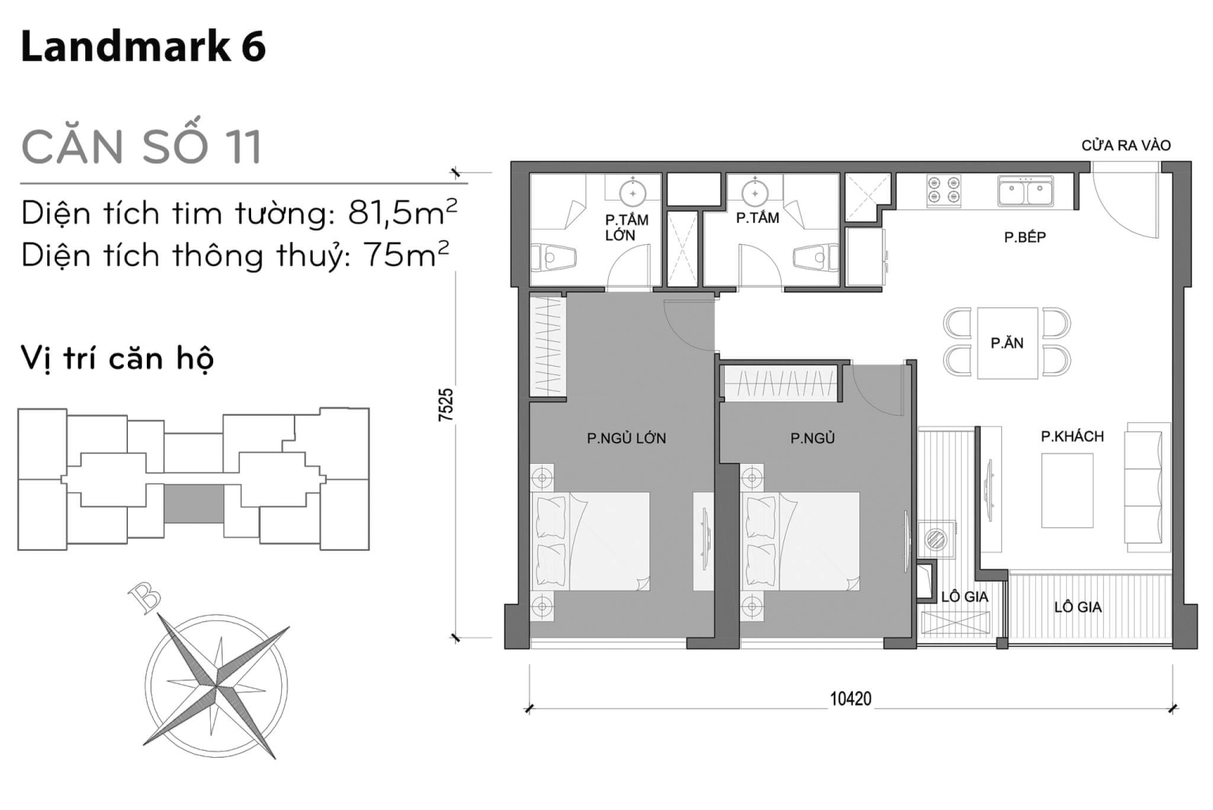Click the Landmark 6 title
click(143, 47)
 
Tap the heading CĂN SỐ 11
click(141, 147)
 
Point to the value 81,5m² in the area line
click(402, 213)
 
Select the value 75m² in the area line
click(405, 254)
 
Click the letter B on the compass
click(145, 597)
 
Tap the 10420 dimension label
click(851, 699)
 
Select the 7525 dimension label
click(446, 404)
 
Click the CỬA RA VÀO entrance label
click(1125, 145)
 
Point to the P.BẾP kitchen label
click(1024, 237)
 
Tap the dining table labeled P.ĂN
click(1007, 343)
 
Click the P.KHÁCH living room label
click(1072, 436)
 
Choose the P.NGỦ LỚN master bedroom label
click(626, 438)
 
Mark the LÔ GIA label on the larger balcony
click(1077, 607)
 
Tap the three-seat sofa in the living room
click(1147, 487)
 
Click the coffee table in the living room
click(1067, 490)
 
